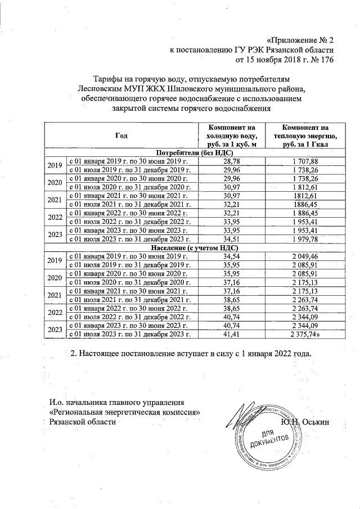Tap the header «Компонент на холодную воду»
click(x=232, y=137)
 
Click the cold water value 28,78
click(x=232, y=161)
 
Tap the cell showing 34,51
click(x=232, y=240)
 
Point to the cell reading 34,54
click(x=232, y=256)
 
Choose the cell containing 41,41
click(x=232, y=335)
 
